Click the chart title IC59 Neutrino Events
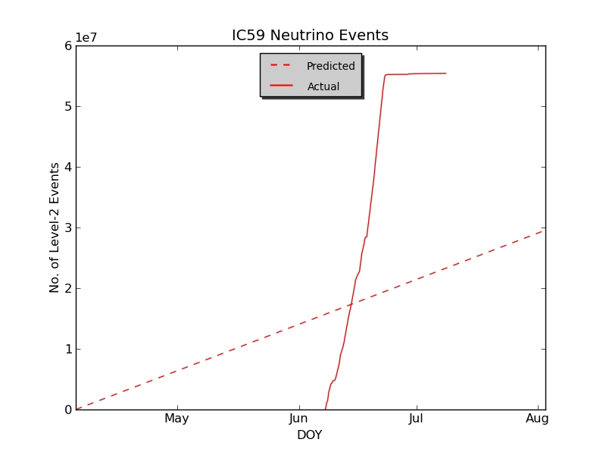pyautogui.click(x=310, y=36)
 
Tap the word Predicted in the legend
pyautogui.click(x=330, y=66)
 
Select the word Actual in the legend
pyautogui.click(x=323, y=86)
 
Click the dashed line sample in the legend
pyautogui.click(x=282, y=66)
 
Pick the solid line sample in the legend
pyautogui.click(x=282, y=86)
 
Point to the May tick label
pyautogui.click(x=176, y=418)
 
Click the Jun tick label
pyautogui.click(x=298, y=418)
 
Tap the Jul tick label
pyautogui.click(x=416, y=418)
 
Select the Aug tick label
pyautogui.click(x=537, y=418)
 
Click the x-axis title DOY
pyautogui.click(x=309, y=435)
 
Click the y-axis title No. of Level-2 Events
pyautogui.click(x=55, y=227)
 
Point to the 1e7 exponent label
pyautogui.click(x=86, y=38)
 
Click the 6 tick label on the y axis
pyautogui.click(x=68, y=45)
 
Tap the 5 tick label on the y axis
pyautogui.click(x=68, y=106)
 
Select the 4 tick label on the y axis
pyautogui.click(x=68, y=167)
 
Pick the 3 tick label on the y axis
pyautogui.click(x=68, y=227)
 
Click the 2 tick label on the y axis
pyautogui.click(x=68, y=288)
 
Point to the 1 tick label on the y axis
pyautogui.click(x=68, y=349)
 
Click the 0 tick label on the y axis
pyautogui.click(x=68, y=409)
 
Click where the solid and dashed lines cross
pyautogui.click(x=350, y=305)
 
